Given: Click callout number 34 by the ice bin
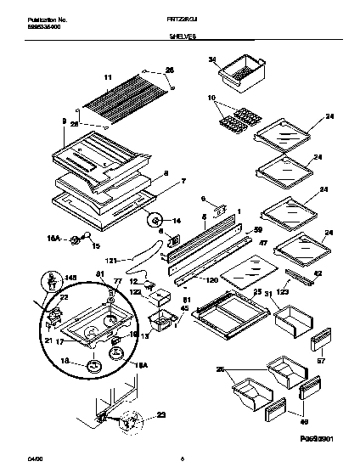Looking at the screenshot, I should (x=213, y=59).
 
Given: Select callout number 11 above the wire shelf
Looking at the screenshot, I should (x=108, y=77).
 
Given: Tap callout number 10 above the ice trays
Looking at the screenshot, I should (x=211, y=98).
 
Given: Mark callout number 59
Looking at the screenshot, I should (x=259, y=229).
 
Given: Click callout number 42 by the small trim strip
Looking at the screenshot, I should (x=318, y=273).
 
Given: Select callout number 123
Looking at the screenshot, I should (x=284, y=293).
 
